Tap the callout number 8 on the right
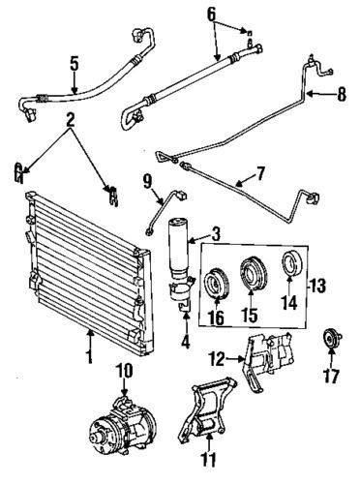pyautogui.click(x=340, y=95)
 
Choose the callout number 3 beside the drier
pyautogui.click(x=216, y=232)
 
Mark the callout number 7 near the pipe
pyautogui.click(x=259, y=175)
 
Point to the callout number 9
pyautogui.click(x=147, y=180)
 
